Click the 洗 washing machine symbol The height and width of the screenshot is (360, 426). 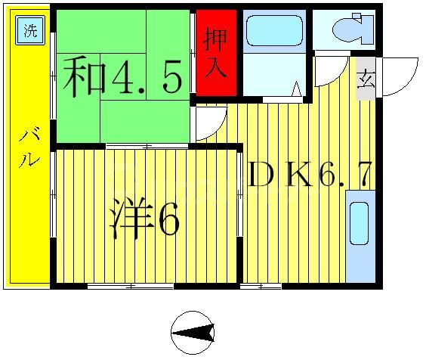click(29, 31)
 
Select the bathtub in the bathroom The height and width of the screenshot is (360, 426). click(274, 31)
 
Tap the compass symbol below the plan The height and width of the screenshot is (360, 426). click(192, 332)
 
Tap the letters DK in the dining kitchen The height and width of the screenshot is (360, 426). click(280, 175)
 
